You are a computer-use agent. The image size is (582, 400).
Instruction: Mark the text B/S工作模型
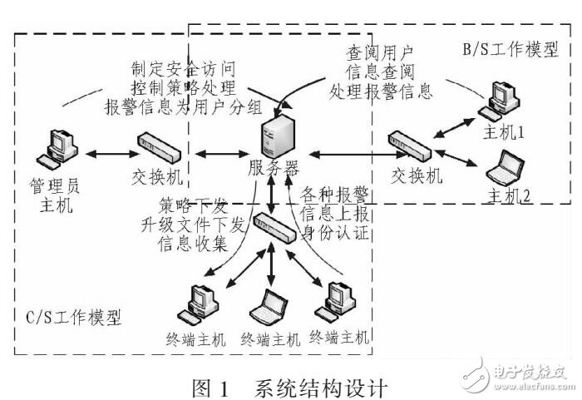[510, 50]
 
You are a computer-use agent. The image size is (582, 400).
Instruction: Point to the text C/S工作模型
[68, 318]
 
